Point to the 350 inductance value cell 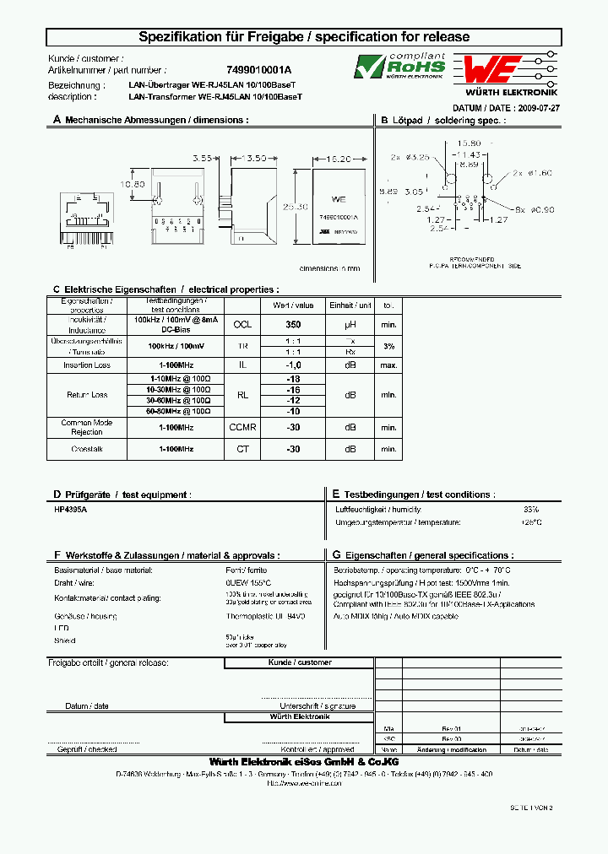[293, 324]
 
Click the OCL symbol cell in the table [242, 324]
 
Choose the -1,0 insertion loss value [293, 365]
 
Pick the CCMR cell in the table [242, 428]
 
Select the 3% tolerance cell [388, 346]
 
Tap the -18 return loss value [293, 379]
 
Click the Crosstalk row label [87, 449]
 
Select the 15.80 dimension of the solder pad [469, 143]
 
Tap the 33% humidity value [530, 510]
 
